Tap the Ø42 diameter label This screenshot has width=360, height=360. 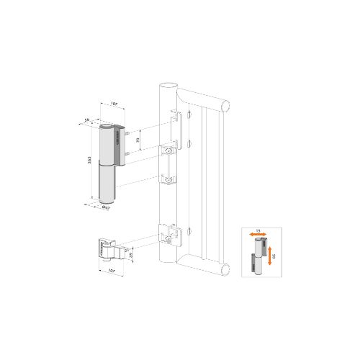[x=106, y=209]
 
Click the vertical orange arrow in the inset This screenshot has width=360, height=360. [x=269, y=253]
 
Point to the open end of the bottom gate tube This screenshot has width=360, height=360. [x=227, y=269]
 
